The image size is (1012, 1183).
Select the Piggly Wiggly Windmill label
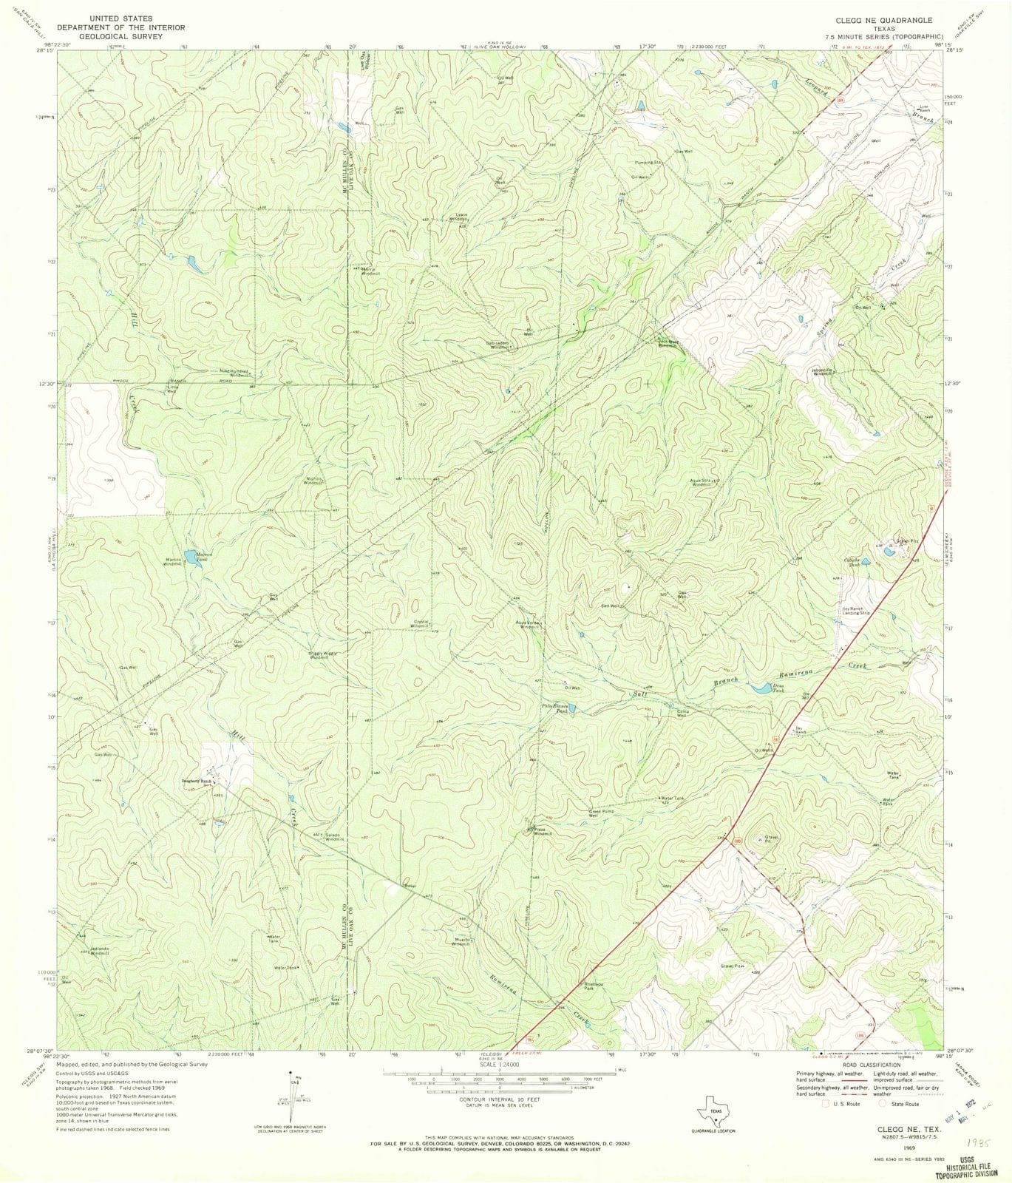coord(319,655)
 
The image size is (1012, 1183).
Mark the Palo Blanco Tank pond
coord(574,709)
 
